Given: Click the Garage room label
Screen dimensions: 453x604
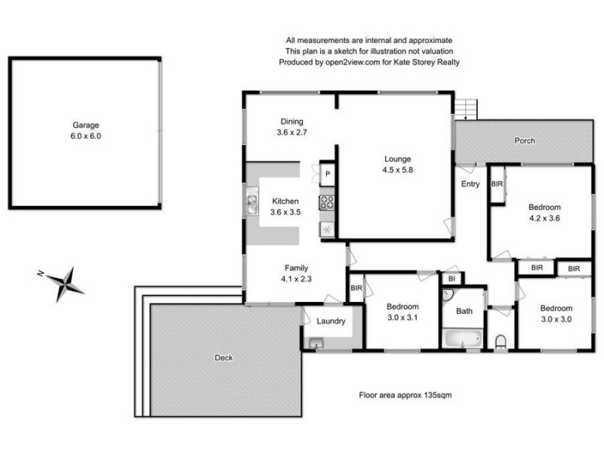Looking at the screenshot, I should [x=85, y=125].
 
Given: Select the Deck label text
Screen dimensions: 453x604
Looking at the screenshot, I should [x=223, y=358].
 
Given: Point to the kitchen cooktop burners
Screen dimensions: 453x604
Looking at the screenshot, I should [x=327, y=202].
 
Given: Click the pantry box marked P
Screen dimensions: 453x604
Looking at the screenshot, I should [x=327, y=174].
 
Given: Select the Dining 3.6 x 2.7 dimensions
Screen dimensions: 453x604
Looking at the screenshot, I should [x=291, y=131].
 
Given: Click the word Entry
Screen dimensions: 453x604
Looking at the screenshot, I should [x=470, y=183].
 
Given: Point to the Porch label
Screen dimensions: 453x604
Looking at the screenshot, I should [x=525, y=140].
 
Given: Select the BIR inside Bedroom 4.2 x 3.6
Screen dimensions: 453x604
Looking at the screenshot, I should [x=497, y=183].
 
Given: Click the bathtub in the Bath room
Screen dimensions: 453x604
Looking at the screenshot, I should [x=461, y=339].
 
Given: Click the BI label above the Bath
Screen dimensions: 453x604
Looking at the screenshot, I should [x=451, y=278].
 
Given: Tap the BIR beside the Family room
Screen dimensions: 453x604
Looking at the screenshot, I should [x=356, y=288].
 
